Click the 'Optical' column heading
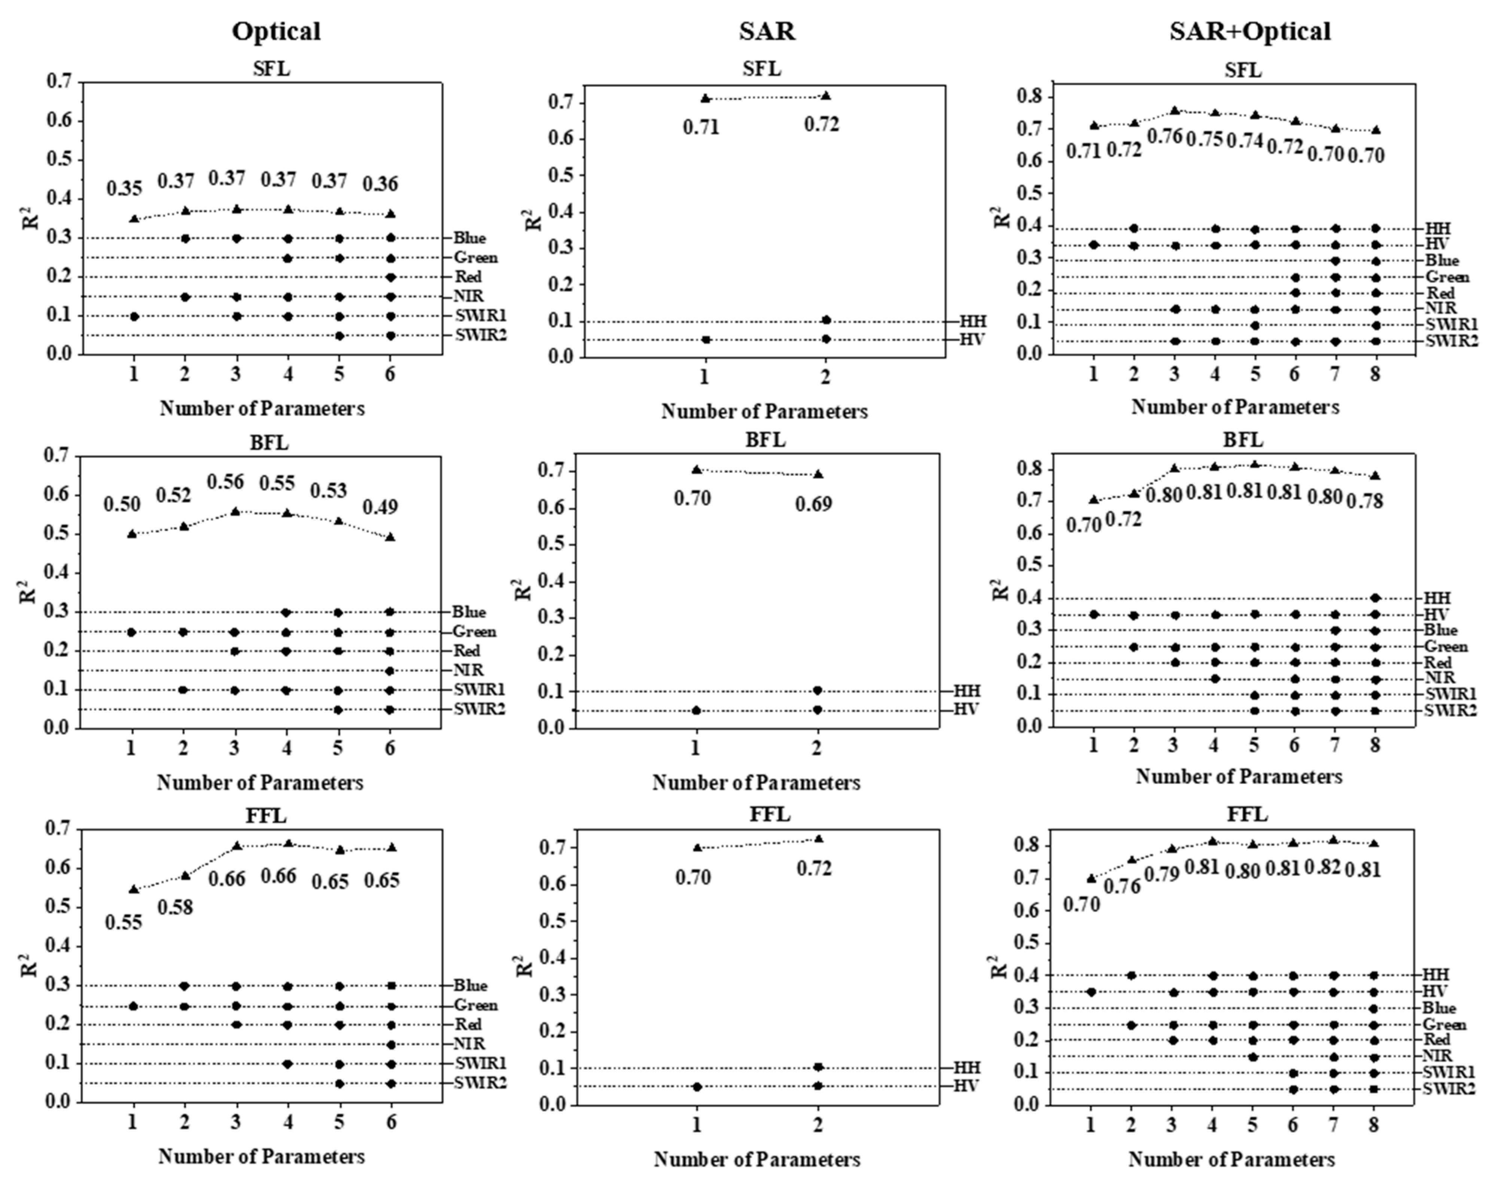tap(276, 31)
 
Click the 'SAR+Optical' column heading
tap(1250, 31)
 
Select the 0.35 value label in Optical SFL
tap(125, 188)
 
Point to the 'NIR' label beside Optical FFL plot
tap(469, 1043)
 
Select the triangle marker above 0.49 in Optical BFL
tap(390, 537)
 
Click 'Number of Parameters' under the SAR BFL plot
tap(756, 783)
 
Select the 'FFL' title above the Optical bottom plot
tap(266, 816)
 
